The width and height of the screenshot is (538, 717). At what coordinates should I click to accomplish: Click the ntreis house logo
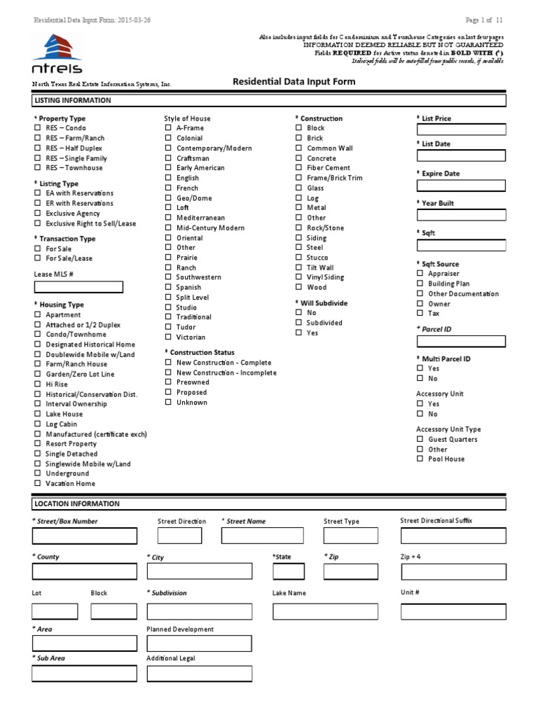[57, 53]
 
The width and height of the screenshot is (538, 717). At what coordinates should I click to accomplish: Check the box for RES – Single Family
[37, 158]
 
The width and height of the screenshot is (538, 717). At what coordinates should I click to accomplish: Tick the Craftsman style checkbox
[168, 158]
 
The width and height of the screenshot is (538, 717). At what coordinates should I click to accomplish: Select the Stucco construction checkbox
[298, 258]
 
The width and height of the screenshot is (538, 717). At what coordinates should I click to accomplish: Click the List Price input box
[461, 130]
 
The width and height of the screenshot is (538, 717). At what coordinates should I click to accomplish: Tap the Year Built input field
[461, 216]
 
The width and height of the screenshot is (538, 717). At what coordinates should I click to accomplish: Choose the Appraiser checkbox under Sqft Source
[420, 274]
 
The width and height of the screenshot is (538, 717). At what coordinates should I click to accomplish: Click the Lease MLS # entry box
[78, 287]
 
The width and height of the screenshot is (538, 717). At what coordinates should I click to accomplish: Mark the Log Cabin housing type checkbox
[37, 424]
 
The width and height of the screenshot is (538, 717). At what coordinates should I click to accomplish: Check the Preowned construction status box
[168, 382]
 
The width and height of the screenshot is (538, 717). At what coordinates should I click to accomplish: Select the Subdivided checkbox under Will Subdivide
[298, 323]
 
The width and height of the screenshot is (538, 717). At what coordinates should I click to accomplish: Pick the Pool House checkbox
[420, 459]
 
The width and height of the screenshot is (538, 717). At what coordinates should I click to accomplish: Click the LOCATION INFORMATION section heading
[77, 503]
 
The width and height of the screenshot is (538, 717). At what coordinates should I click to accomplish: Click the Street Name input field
[263, 536]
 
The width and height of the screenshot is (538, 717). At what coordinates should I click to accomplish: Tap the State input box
[289, 571]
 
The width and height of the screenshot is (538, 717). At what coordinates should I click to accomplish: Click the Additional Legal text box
[199, 674]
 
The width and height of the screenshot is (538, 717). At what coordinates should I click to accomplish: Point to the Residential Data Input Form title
[294, 82]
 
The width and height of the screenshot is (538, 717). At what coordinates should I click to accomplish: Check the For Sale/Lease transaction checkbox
[37, 258]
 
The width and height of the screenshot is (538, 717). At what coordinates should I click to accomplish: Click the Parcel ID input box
[461, 341]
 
